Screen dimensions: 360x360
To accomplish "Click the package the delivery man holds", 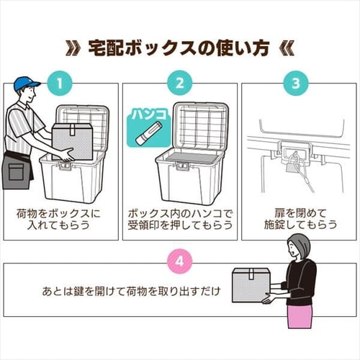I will pyautogui.click(x=72, y=141).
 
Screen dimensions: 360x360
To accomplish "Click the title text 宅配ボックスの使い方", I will pyautogui.click(x=180, y=48).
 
